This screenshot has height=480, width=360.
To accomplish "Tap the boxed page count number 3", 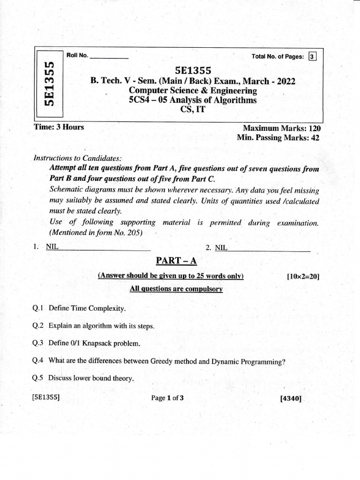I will click(x=312, y=57).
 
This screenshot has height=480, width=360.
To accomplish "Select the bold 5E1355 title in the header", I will click(x=193, y=70).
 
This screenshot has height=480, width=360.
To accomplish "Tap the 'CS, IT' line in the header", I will click(x=193, y=110).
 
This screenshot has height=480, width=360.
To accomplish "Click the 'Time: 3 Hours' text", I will click(x=59, y=127).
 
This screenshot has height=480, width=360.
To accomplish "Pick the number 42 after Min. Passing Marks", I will click(x=316, y=137).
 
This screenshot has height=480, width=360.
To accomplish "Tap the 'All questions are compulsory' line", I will click(x=176, y=289).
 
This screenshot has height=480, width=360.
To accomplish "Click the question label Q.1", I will click(x=38, y=308).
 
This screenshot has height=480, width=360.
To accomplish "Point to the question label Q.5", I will click(x=38, y=378).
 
